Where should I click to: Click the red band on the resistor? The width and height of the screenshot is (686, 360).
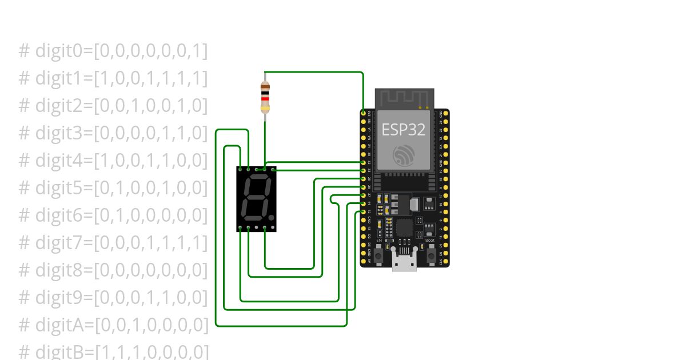[x=265, y=98]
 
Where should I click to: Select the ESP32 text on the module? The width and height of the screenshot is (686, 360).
[x=404, y=130]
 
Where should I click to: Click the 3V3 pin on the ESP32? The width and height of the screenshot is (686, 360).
[x=364, y=114]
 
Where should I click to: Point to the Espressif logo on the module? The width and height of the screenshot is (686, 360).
[x=404, y=156]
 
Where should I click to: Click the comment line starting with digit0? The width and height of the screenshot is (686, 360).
[x=113, y=51]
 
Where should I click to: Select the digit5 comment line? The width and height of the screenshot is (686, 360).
[x=113, y=187]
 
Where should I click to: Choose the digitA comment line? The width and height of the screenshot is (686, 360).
[x=114, y=325]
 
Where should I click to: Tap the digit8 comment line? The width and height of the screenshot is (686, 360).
[x=113, y=270]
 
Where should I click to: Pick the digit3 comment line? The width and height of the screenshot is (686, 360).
[x=113, y=133]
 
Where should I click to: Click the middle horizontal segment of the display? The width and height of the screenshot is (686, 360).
[x=256, y=198]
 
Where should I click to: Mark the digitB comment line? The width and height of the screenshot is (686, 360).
[x=114, y=351]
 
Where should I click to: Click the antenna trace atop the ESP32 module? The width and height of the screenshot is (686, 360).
[x=405, y=98]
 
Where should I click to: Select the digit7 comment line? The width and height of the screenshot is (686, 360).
[x=113, y=242]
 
